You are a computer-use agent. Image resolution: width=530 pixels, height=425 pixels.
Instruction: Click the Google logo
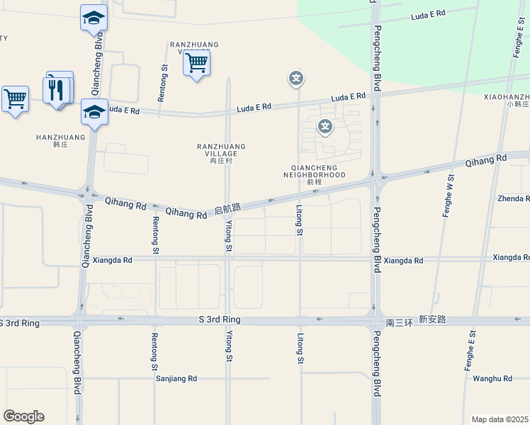(x=23, y=416)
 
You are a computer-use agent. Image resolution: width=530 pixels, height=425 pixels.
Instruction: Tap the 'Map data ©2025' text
(x=500, y=419)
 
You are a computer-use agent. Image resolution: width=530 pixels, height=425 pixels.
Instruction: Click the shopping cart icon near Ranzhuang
(x=196, y=63)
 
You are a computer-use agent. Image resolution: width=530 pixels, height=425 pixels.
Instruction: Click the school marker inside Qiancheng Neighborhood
(x=325, y=127)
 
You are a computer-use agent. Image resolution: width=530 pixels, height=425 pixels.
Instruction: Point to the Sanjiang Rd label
(x=176, y=379)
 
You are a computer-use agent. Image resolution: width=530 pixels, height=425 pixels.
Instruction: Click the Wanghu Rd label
(x=492, y=379)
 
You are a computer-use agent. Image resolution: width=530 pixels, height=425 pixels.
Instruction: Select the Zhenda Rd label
(x=513, y=199)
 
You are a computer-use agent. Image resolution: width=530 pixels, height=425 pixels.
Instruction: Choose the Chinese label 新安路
(x=432, y=320)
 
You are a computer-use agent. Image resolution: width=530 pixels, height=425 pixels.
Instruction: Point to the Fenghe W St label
(x=448, y=195)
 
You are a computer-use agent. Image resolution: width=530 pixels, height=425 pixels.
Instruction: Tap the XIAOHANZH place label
(x=507, y=96)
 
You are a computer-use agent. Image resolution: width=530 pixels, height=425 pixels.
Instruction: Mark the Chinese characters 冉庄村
(x=221, y=161)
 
